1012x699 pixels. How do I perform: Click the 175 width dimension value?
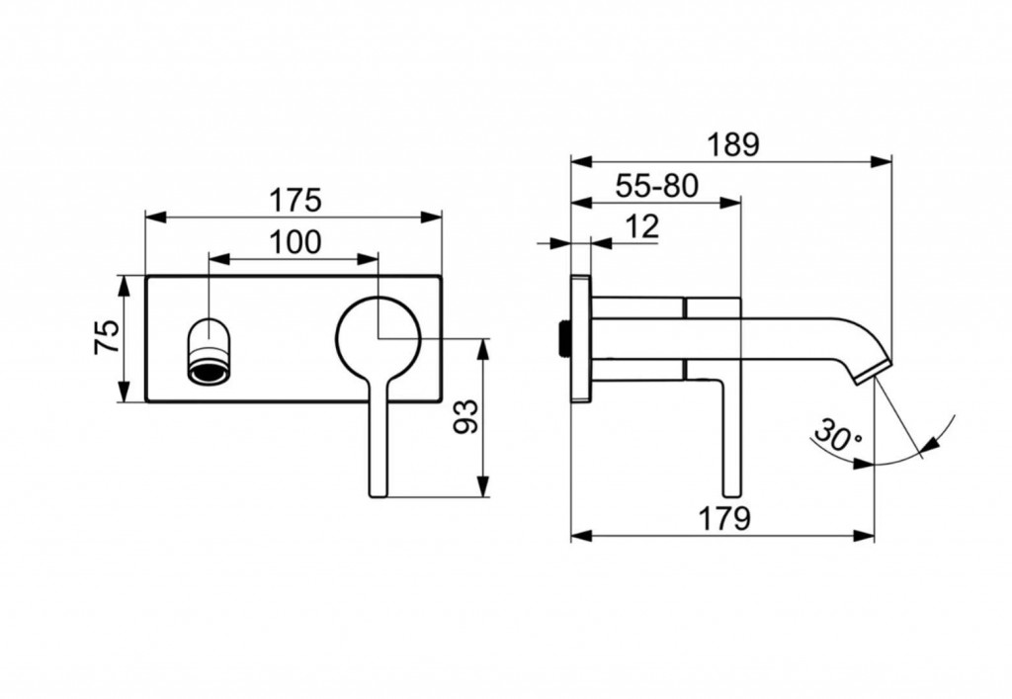coord(295,200)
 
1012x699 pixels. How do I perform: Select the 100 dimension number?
coord(294,241)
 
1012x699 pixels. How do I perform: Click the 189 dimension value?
coord(732,144)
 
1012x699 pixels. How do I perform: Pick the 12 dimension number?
coord(641,226)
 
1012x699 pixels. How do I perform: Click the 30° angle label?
coord(838,435)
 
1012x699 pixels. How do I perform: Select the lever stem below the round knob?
coord(378,445)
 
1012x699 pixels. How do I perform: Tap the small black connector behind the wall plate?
coord(563,337)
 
